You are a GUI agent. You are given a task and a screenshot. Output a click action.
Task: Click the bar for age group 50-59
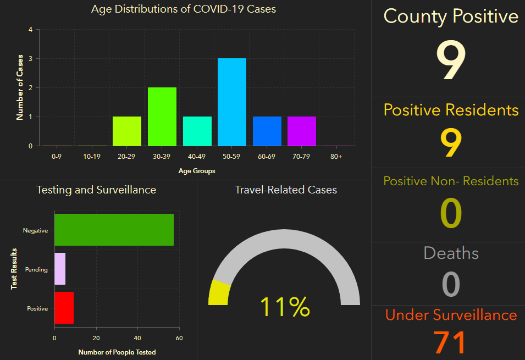point(231,102)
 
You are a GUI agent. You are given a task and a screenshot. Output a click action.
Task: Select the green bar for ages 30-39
point(162,117)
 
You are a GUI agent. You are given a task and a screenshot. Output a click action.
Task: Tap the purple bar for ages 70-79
point(301,131)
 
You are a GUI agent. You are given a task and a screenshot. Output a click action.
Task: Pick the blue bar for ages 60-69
point(267,131)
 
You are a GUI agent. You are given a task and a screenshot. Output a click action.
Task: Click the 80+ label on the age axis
point(336,157)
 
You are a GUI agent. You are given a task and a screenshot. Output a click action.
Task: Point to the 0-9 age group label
point(57,157)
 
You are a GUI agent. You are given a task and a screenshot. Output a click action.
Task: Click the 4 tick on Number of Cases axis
point(30,30)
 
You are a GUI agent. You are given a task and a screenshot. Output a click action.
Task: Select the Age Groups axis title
point(197,171)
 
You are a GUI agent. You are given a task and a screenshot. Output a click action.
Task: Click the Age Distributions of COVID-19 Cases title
point(183,9)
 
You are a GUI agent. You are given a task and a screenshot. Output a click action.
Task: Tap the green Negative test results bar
point(114,230)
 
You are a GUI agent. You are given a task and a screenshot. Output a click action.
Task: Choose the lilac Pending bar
point(60,269)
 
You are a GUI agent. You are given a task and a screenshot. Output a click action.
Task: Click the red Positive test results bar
point(64,308)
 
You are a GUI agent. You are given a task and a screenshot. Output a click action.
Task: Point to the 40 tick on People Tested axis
point(137,338)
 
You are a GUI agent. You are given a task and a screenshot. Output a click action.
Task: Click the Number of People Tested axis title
point(117,352)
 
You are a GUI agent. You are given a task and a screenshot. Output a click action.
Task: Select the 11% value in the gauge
point(284,307)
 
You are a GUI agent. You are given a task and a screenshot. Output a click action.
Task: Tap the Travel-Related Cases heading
point(286,190)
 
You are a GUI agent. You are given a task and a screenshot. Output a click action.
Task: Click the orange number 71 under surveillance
point(450,342)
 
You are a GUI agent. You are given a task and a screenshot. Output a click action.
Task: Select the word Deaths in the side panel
point(451,253)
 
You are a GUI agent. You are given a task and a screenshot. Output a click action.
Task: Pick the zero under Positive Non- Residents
point(451,214)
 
